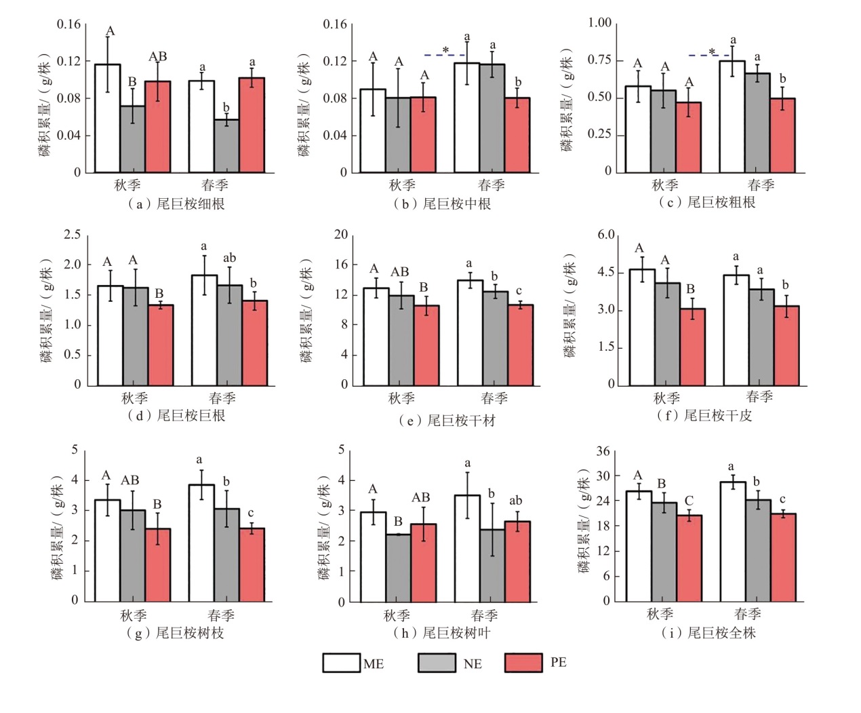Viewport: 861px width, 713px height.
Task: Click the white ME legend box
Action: point(341,663)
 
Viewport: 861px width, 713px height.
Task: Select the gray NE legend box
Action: point(437,663)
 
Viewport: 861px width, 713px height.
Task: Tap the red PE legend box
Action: point(523,663)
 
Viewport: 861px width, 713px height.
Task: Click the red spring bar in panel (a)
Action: point(252,125)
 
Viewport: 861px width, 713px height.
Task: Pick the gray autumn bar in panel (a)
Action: point(132,138)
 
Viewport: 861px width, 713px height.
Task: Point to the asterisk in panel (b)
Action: point(445,50)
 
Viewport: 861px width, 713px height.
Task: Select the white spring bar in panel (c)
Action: point(732,116)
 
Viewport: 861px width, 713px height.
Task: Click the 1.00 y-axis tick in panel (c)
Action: point(599,23)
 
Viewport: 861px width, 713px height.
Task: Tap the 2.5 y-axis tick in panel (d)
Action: point(72,235)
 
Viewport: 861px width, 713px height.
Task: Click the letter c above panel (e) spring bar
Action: point(519,291)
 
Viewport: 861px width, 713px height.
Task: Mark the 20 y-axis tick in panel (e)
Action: point(340,235)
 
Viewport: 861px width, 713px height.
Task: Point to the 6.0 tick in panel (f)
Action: point(605,235)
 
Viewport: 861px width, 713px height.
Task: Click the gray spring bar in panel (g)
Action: point(226,555)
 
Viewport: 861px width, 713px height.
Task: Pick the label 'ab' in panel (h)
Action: point(515,501)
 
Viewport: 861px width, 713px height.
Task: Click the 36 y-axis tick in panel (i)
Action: point(603,451)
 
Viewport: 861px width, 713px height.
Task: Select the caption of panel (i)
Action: point(708,633)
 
